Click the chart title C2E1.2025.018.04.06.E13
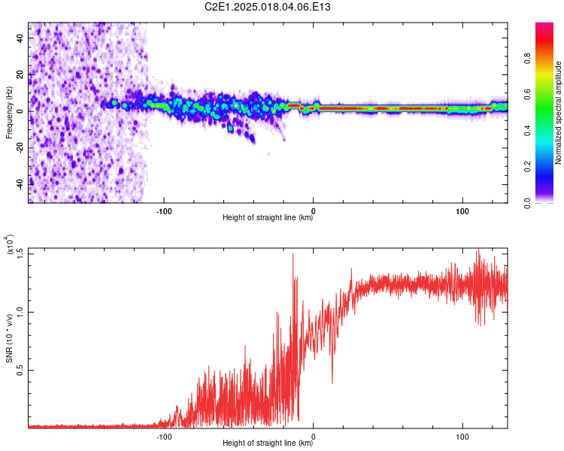267,7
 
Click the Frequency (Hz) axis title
9,113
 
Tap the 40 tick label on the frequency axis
20,38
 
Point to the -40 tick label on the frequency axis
20,184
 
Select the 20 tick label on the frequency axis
20,74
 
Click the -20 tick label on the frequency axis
20,148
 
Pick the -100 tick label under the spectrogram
164,211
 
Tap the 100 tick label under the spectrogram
462,211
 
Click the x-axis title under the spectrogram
268,217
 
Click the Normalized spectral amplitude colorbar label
558,113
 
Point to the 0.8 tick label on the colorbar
528,59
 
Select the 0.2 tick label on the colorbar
528,167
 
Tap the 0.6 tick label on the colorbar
528,95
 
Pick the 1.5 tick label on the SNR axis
20,254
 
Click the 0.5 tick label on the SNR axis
20,371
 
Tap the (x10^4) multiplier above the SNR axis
9,244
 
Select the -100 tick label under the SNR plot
164,437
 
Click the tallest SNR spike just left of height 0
293,254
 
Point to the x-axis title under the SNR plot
268,443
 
